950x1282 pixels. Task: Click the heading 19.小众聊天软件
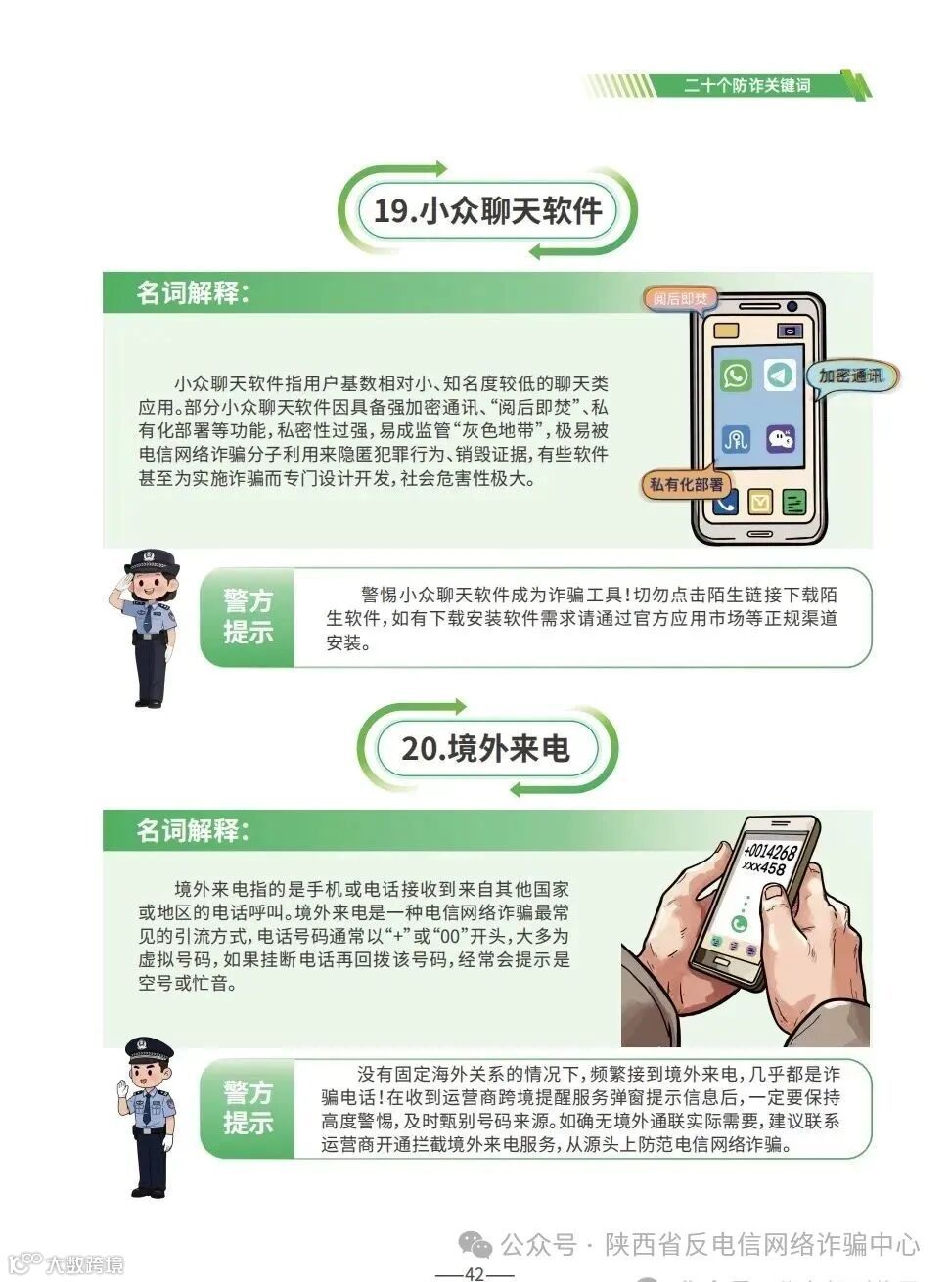coord(487,210)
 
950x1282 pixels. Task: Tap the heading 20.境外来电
coord(485,748)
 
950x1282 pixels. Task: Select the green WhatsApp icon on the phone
coord(736,376)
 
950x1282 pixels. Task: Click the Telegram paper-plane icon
coord(780,376)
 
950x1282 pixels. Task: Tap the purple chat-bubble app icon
coord(780,438)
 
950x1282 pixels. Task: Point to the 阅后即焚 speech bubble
coord(681,299)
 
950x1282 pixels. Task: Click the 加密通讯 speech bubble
coord(850,376)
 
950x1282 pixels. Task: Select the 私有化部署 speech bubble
coord(687,484)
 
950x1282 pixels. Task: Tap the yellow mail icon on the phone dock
coord(760,503)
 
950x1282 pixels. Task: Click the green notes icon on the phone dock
coord(793,503)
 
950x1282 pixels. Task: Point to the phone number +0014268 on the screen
coord(769,853)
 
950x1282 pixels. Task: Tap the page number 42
coord(475,1273)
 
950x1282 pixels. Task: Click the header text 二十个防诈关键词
coord(747,86)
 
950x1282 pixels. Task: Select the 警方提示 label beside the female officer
coord(248,616)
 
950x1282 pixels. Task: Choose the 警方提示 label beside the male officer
coord(248,1107)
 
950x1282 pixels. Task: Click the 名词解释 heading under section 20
coord(192,830)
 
